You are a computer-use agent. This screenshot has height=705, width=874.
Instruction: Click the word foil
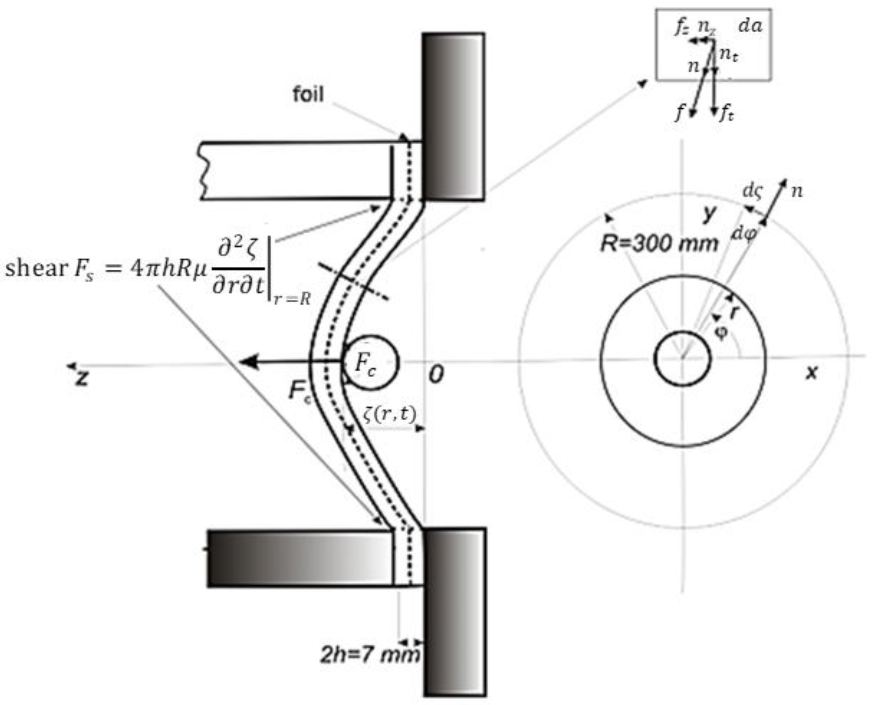(308, 95)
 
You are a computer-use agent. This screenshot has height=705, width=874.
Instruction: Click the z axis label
(82, 378)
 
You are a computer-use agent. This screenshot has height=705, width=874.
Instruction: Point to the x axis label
(811, 372)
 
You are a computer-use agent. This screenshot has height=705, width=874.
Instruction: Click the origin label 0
(436, 374)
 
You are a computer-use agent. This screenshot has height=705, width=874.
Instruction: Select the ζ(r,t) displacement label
(389, 414)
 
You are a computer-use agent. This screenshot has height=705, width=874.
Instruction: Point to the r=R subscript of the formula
(292, 300)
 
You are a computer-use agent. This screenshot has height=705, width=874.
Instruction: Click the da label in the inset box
(750, 26)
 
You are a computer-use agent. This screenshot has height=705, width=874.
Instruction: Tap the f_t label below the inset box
(727, 115)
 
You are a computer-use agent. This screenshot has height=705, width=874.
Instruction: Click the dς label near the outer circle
(752, 191)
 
